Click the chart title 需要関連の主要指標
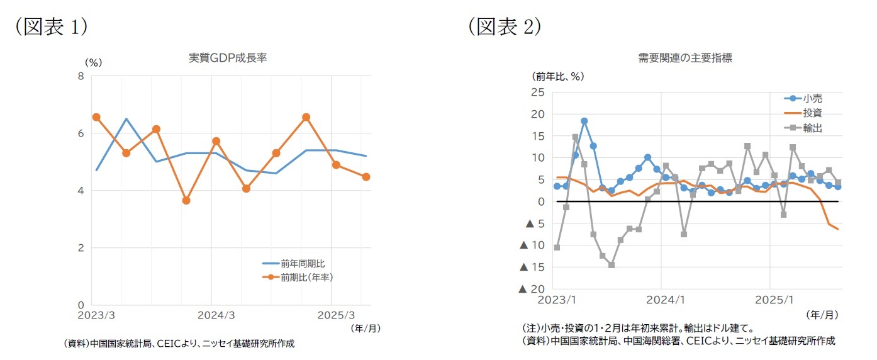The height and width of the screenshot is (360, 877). pyautogui.click(x=684, y=57)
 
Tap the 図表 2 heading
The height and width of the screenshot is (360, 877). pyautogui.click(x=504, y=26)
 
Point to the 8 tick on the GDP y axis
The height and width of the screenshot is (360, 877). pyautogui.click(x=81, y=76)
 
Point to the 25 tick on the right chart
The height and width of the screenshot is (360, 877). pyautogui.click(x=538, y=92)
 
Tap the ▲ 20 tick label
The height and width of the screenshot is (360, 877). pyautogui.click(x=531, y=289)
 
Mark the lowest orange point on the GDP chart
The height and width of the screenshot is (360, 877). pyautogui.click(x=186, y=200)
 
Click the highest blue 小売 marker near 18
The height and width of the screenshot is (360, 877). pyautogui.click(x=584, y=121)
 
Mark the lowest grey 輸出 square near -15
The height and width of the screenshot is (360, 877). pyautogui.click(x=612, y=265)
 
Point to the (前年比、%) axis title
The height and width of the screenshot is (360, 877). pyautogui.click(x=559, y=76)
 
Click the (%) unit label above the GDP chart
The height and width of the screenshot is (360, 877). pyautogui.click(x=93, y=62)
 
